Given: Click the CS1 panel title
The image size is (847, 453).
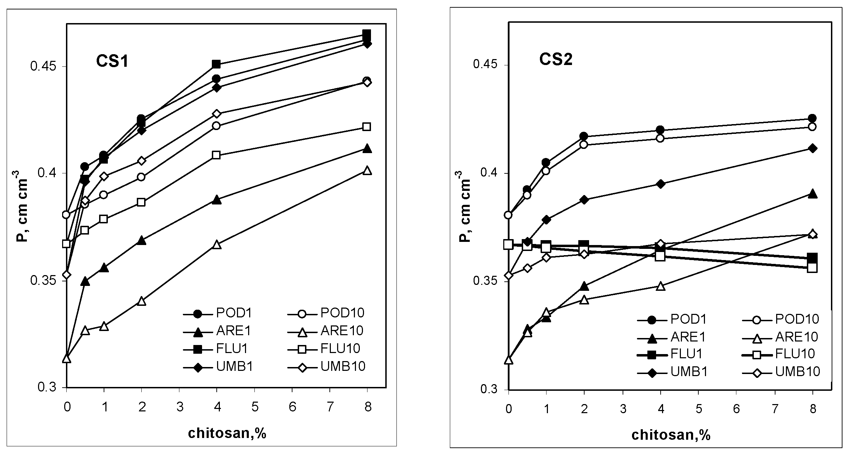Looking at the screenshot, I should point(112,62).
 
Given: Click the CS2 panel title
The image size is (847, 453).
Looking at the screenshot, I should point(556,60).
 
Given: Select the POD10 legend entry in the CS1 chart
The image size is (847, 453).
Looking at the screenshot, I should point(342,312).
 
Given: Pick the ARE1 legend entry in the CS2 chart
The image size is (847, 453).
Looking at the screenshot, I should point(688,337).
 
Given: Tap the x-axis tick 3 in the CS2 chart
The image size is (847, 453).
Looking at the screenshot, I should point(623,409).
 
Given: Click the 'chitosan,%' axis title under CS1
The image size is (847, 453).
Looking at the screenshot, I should point(227,433).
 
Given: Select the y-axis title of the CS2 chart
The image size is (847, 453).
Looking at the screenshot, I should point(465,206).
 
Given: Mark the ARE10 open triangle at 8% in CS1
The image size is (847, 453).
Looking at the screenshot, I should point(367,171).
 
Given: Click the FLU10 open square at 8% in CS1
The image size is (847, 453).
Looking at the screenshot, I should point(366,127).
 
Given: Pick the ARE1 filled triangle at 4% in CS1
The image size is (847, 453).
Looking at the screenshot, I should point(216,200).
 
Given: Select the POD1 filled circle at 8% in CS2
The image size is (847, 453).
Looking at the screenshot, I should point(812,118).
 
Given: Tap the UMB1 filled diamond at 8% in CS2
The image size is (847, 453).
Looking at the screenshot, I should point(812,149).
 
